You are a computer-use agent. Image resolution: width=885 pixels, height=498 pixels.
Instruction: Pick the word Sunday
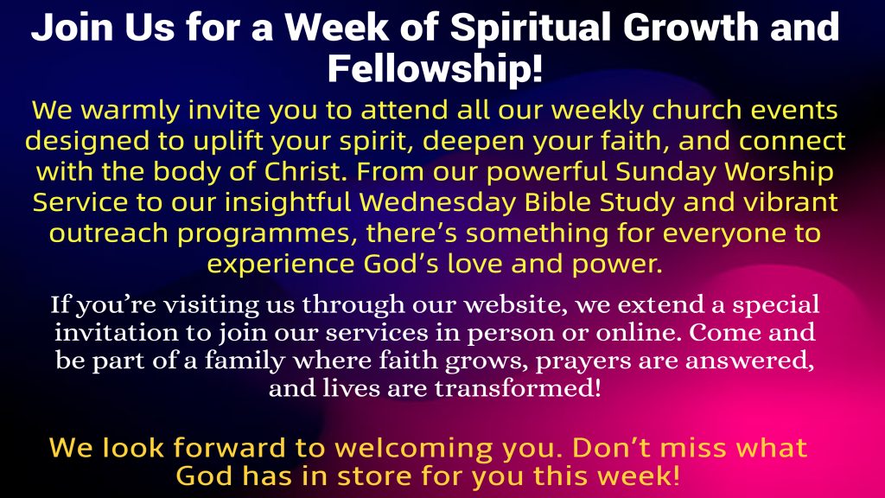click(x=665, y=172)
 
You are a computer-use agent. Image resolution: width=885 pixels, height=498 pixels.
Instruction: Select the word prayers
click(x=583, y=361)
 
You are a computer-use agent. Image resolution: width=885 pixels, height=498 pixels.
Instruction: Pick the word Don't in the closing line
click(x=612, y=448)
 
